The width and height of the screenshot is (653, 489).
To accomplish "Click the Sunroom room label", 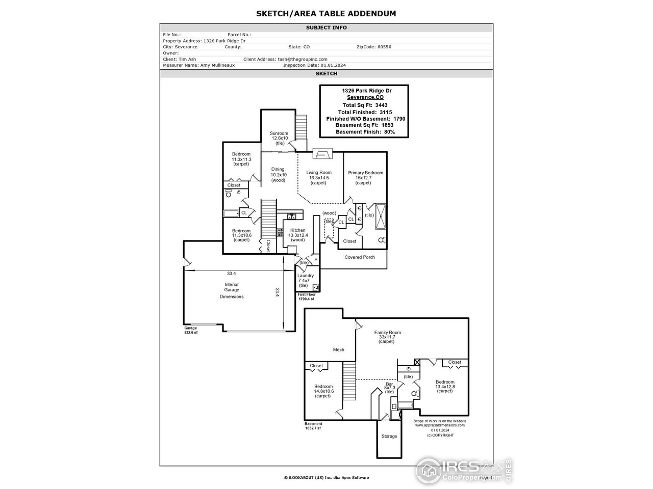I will (x=279, y=133).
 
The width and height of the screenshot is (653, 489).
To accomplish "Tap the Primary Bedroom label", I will (x=365, y=173).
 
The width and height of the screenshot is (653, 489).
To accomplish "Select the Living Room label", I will (x=319, y=173).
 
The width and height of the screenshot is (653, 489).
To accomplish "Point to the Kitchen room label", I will (x=297, y=230).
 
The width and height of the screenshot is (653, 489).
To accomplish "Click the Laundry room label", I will (x=306, y=276).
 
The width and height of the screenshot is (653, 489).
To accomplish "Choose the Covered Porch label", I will (x=360, y=257).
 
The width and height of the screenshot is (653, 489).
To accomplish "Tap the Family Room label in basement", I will (x=387, y=333).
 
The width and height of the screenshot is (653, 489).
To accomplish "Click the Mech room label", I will (x=339, y=349).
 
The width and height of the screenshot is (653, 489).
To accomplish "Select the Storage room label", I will (x=389, y=437).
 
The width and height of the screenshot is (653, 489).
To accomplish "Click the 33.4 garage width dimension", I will (x=232, y=274).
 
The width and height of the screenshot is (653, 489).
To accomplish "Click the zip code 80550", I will (x=384, y=47).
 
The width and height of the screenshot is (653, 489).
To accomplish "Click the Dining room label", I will (x=278, y=170).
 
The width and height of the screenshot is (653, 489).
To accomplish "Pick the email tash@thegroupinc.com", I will (x=303, y=59).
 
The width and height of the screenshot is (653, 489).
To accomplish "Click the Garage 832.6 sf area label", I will (x=191, y=330).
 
